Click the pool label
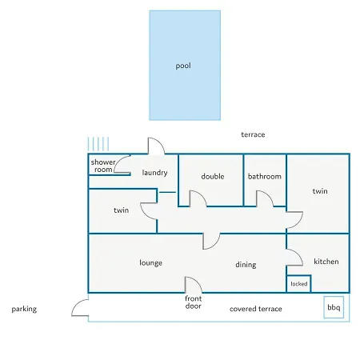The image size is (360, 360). [x=183, y=66]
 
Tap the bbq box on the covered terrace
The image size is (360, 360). [x=334, y=307]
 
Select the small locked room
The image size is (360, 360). [x=299, y=283]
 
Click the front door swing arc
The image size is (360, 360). [x=198, y=282]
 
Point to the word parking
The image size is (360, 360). [x=24, y=309]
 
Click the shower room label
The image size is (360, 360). [x=103, y=166]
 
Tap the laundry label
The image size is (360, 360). [x=154, y=173]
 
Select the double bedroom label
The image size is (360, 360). [x=213, y=176]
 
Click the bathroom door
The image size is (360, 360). [x=268, y=195]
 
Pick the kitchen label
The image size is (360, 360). [x=326, y=262]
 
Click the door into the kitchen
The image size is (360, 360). [x=298, y=254]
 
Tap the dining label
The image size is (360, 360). [x=246, y=265]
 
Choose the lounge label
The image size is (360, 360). [x=150, y=263]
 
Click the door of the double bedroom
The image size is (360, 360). [x=202, y=195]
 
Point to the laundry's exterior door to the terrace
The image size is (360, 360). [x=160, y=142]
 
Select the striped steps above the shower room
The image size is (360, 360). [x=98, y=144]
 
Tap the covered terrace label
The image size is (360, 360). [x=256, y=309]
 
